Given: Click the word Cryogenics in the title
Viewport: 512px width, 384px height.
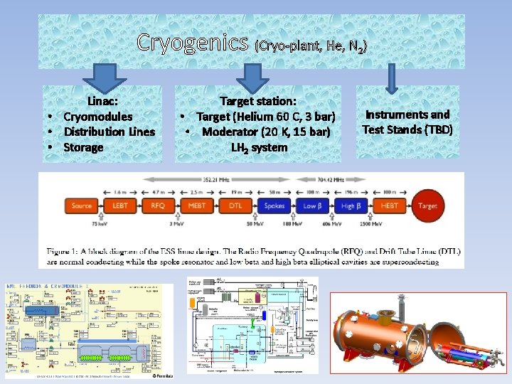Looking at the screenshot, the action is [x=193, y=43].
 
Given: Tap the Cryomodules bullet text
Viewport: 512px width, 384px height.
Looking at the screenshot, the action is [x=98, y=117].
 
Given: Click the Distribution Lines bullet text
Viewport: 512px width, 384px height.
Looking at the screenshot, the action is [x=110, y=132].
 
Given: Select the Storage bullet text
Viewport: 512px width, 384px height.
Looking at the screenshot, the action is [x=84, y=147].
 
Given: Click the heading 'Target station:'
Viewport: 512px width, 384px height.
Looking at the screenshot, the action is [x=258, y=102].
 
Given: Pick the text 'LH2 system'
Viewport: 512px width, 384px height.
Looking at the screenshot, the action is [x=259, y=148].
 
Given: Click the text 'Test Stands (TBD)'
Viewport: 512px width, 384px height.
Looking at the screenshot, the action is [x=407, y=129].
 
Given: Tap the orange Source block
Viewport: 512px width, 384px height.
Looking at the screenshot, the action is [x=82, y=206].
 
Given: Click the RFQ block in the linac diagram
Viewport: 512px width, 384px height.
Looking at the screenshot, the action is [x=156, y=206].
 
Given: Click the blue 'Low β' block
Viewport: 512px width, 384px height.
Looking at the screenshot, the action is [x=311, y=206].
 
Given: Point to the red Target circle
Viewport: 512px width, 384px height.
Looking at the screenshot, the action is [x=428, y=206].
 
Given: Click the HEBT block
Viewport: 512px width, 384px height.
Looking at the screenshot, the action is [x=389, y=206].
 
